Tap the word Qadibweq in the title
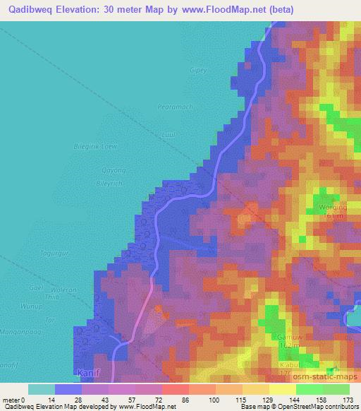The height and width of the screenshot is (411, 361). point(30,10)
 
